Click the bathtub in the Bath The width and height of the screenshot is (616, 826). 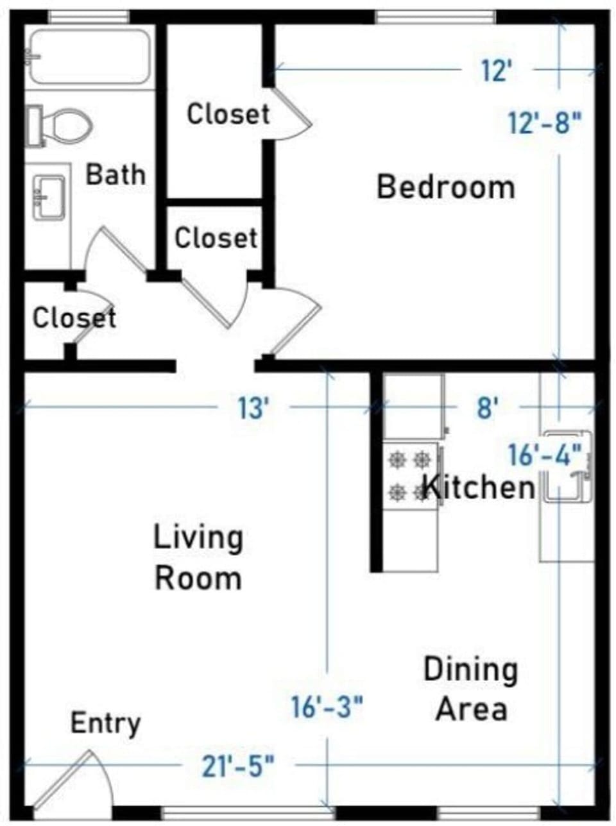[x=90, y=56]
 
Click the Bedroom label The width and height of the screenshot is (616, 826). [x=445, y=187]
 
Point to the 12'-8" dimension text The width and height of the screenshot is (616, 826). [x=545, y=122]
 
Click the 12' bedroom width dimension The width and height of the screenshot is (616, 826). [x=495, y=70]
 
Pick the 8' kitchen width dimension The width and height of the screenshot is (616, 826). [x=487, y=407]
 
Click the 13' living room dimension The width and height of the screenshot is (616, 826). [x=252, y=408]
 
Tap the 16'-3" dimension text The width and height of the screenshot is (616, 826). [x=327, y=707]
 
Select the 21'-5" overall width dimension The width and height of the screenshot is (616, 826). [x=239, y=766]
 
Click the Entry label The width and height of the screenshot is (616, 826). [x=105, y=723]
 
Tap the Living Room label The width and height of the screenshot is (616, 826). [x=198, y=557]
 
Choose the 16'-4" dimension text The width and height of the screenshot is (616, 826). [x=545, y=455]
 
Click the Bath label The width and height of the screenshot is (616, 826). [x=116, y=174]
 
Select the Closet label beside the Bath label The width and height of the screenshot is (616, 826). [x=228, y=114]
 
